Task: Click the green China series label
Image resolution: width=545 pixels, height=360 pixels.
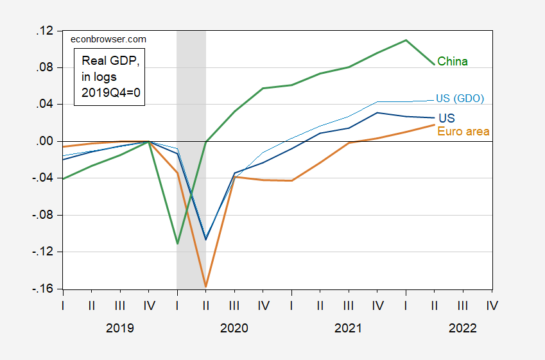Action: [x=453, y=62]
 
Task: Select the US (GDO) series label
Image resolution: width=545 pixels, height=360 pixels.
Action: [x=460, y=98]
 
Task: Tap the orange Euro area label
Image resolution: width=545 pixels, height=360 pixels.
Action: [x=463, y=132]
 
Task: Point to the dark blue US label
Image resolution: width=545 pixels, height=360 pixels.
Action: [x=447, y=119]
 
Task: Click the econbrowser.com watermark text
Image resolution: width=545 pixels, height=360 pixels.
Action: [x=108, y=39]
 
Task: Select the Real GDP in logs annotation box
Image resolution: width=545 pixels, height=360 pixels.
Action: [x=110, y=76]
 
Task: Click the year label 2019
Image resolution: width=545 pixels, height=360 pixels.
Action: [x=120, y=328]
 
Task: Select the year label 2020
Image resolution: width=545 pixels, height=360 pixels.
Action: [x=234, y=328]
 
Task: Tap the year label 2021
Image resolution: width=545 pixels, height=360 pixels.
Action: [x=349, y=328]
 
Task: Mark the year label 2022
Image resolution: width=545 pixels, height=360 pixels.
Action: [x=463, y=328]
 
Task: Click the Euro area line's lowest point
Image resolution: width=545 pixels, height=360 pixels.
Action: [x=205, y=286]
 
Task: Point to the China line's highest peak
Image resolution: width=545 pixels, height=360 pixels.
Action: [x=406, y=40]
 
